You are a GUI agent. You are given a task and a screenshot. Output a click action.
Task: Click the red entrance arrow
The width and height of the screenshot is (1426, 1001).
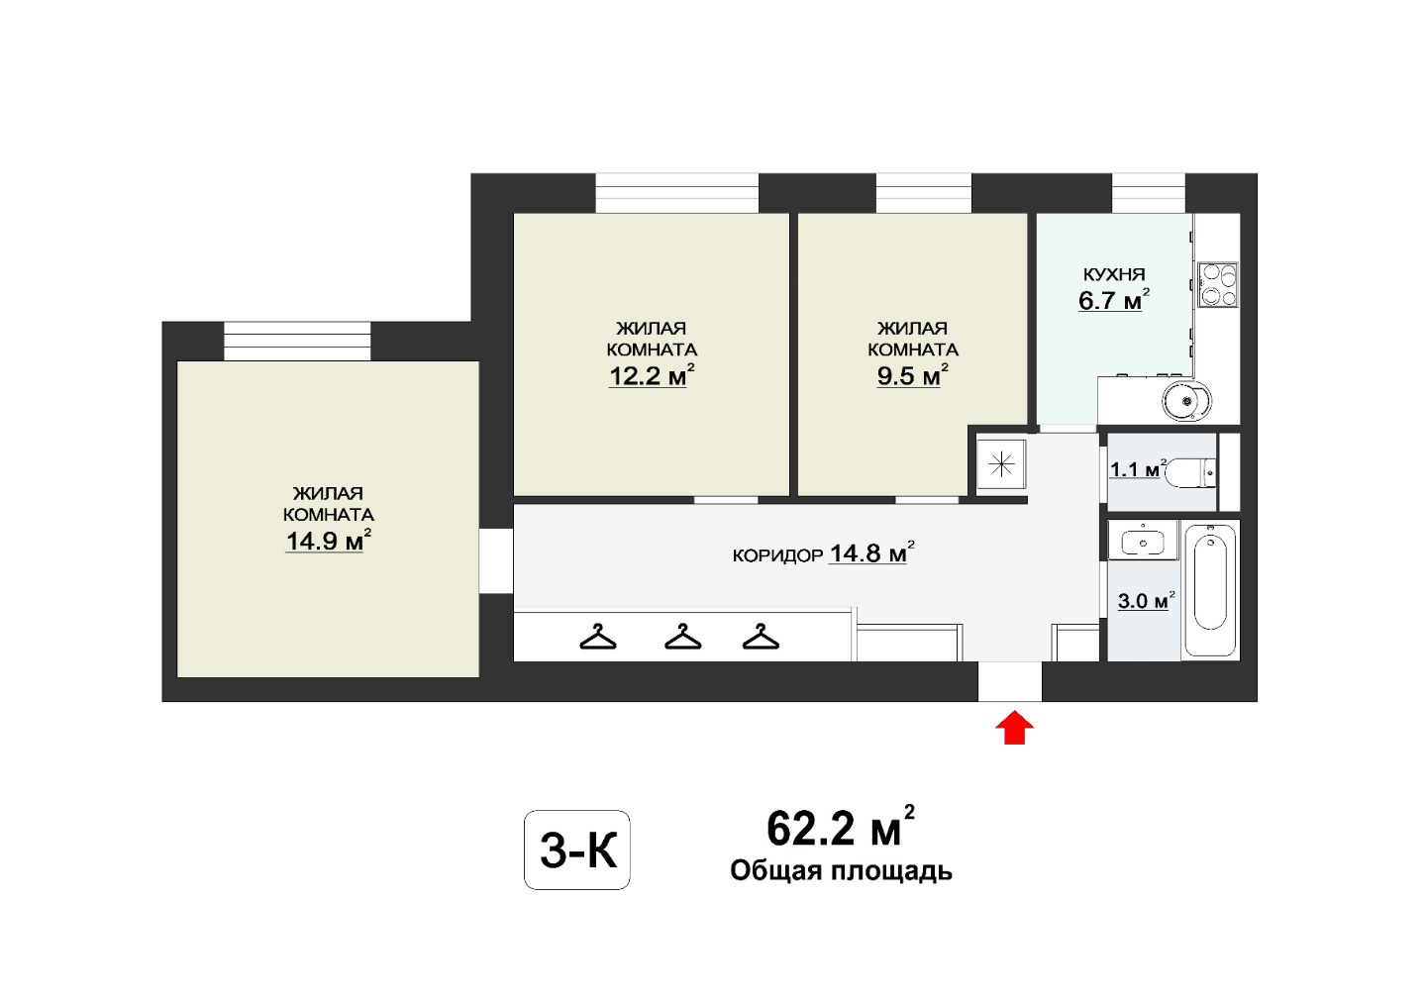coord(1014,728)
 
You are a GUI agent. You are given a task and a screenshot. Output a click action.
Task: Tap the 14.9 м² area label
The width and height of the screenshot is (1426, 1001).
coord(329,541)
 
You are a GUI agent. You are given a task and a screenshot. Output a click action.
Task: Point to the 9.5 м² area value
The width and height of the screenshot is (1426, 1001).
coord(912,375)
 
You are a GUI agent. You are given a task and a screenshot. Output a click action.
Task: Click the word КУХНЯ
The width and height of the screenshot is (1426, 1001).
coord(1114,274)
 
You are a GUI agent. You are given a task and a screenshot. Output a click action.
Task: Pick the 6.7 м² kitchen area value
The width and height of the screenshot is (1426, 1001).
coord(1114,300)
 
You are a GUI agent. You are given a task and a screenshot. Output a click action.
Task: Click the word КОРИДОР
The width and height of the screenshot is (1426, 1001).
coord(777,555)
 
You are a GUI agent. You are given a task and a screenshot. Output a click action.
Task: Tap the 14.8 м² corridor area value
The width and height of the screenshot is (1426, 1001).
coord(872,552)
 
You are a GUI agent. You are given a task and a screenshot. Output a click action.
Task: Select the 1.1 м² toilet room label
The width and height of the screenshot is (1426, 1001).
coord(1138,469)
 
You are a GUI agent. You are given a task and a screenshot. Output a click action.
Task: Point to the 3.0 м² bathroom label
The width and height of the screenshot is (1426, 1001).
coord(1146,600)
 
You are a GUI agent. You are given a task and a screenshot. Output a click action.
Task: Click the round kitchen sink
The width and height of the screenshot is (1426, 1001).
coord(1185,401)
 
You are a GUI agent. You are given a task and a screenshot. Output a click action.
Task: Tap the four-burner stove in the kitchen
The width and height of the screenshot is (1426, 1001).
coord(1217,284)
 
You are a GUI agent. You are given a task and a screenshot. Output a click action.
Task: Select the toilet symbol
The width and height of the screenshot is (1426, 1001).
coord(1192,472)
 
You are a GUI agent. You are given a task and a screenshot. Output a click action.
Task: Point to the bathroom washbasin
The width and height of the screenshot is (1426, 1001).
coord(1143,541)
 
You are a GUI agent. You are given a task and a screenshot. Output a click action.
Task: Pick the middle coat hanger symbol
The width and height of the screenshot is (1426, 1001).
coord(682,637)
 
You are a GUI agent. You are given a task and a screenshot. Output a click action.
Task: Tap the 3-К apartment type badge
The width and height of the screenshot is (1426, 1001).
coord(576,851)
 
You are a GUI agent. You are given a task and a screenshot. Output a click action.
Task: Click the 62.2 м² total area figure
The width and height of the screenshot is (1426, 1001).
coord(841,827)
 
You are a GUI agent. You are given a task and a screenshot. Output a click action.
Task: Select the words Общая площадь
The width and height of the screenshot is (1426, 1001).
coord(841,871)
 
